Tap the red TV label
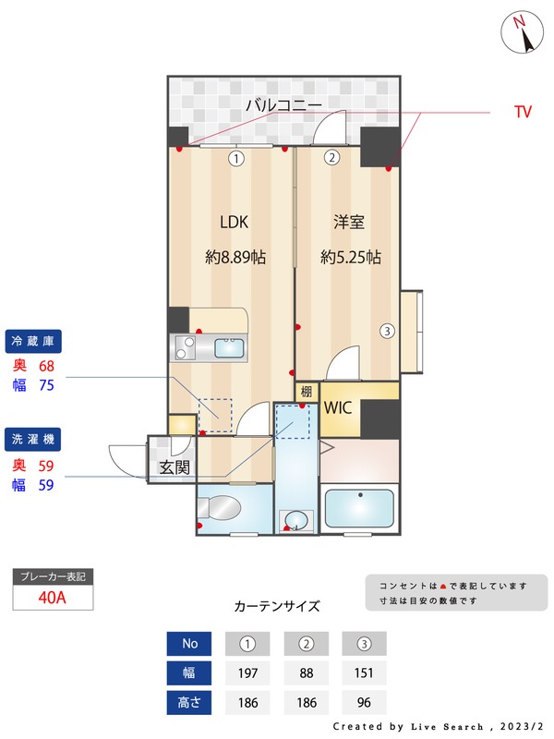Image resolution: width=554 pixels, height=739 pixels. pyautogui.click(x=523, y=112)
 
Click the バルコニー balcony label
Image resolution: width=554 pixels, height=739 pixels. pyautogui.click(x=283, y=105)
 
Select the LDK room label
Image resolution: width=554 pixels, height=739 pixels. pyautogui.click(x=234, y=222)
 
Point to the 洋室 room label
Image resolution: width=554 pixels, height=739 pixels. pyautogui.click(x=349, y=222)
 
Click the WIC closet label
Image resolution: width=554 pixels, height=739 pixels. pyautogui.click(x=339, y=407)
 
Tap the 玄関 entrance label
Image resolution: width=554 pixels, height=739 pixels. pyautogui.click(x=174, y=467)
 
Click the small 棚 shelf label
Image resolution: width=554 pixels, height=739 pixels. pyautogui.click(x=306, y=392)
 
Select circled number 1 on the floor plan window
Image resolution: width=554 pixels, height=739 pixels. pyautogui.click(x=236, y=158)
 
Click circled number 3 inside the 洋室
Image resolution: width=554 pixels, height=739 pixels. pyautogui.click(x=388, y=331)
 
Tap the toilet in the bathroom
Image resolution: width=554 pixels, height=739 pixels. pyautogui.click(x=222, y=509)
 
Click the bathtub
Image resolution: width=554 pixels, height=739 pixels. pyautogui.click(x=360, y=509)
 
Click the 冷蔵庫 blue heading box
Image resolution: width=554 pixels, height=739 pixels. pyautogui.click(x=33, y=341)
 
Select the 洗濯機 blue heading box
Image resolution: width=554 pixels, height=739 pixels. pyautogui.click(x=33, y=437)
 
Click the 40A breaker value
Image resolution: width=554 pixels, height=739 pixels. pyautogui.click(x=53, y=597)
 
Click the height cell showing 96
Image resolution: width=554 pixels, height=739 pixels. pyautogui.click(x=364, y=702)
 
